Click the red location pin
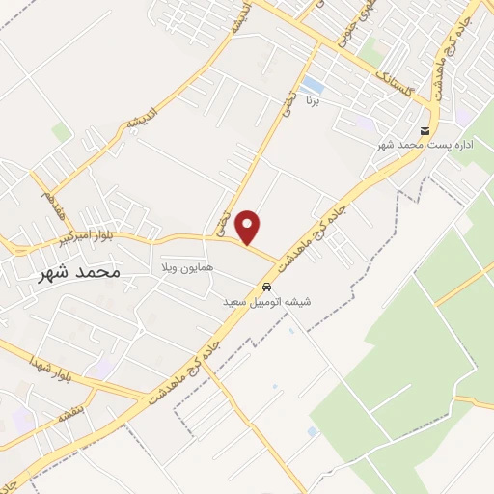(249, 227)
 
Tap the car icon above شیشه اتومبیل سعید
(266, 288)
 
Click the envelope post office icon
(425, 131)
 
